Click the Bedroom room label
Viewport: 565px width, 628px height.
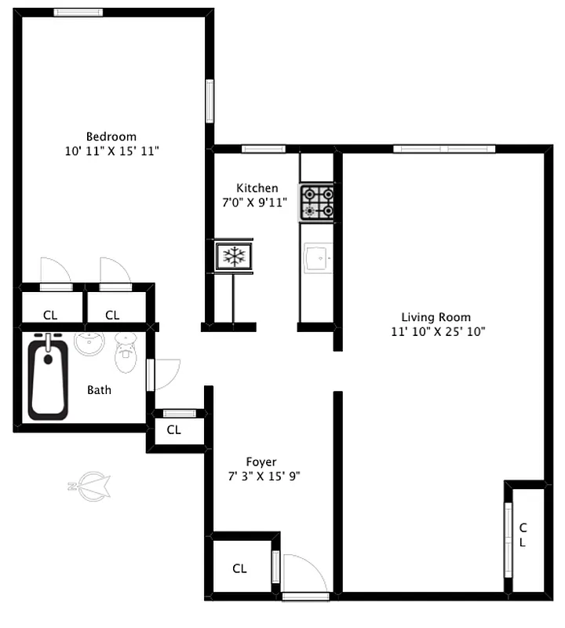point(111,136)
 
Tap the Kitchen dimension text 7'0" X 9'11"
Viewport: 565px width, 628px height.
point(254,203)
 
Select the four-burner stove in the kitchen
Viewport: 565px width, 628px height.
point(318,201)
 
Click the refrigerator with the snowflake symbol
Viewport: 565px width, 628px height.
point(234,255)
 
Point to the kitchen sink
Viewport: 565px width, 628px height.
point(318,256)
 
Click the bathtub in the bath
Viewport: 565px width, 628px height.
point(48,377)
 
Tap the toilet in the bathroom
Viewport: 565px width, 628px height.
point(126,354)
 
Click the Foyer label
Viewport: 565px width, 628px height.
point(261,462)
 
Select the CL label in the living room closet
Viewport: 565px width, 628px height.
point(523,535)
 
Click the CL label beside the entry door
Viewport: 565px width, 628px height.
point(239,568)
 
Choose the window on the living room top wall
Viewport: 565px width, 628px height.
point(444,148)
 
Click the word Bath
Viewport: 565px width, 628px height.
point(99,389)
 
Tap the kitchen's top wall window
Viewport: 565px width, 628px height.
point(263,148)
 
